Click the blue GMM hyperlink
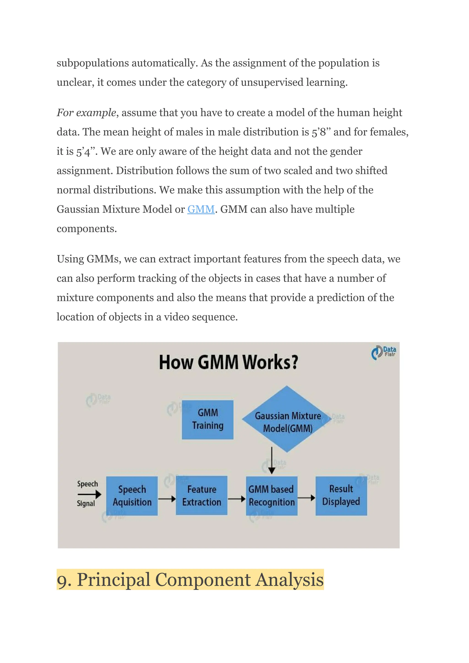(201, 209)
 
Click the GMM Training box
(208, 420)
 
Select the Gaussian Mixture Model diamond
(287, 419)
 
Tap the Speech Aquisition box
(132, 496)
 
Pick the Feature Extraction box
(202, 495)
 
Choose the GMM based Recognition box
(271, 496)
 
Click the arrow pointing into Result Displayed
(306, 498)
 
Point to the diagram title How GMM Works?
(229, 362)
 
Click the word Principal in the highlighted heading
(114, 580)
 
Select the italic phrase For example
(86, 113)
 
